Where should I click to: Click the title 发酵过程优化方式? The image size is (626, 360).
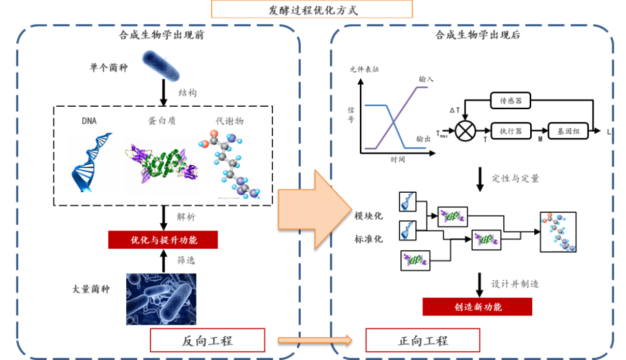coord(312,10)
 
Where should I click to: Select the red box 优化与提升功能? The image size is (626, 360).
coord(163,240)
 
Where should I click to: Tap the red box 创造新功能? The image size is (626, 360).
coord(477,307)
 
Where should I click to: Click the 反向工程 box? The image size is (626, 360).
coord(207,340)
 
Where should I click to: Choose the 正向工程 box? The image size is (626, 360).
coord(423,340)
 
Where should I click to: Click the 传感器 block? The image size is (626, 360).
coord(511,101)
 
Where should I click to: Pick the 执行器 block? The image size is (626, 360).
coord(511,132)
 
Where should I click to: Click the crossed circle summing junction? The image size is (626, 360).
coord(465,132)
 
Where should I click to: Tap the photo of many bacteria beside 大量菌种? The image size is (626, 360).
coord(161,299)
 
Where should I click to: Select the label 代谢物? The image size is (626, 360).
coord(229,121)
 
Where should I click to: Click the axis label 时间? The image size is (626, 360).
coord(398,160)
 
